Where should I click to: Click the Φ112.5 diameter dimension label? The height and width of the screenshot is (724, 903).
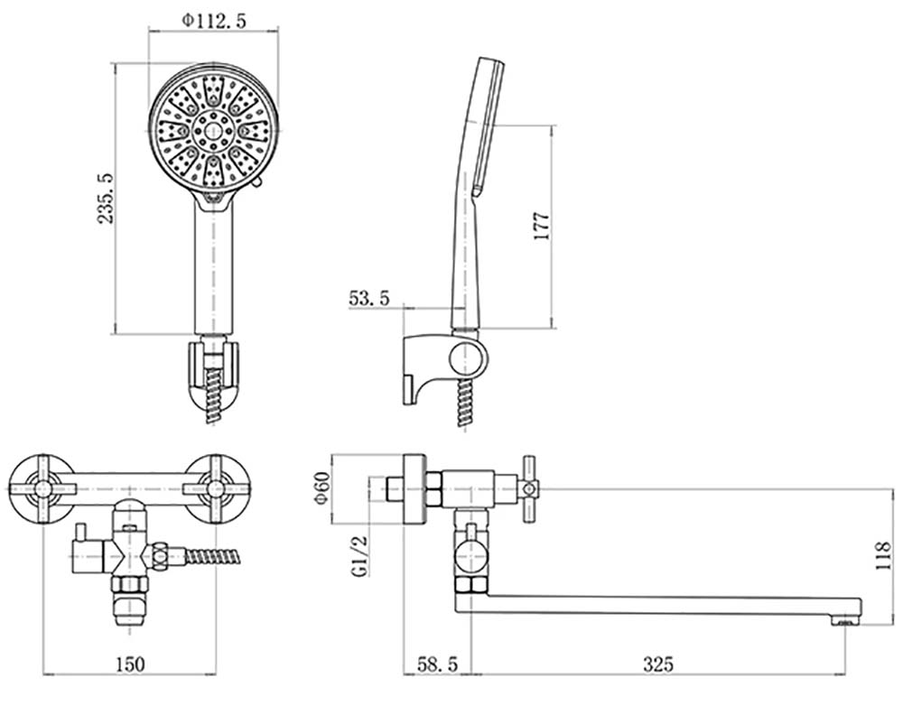point(214,21)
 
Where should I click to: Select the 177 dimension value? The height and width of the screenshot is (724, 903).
point(542,227)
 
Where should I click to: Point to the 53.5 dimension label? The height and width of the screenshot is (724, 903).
point(369,298)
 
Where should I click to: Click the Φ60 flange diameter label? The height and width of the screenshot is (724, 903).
point(322,488)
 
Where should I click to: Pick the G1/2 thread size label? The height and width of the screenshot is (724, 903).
point(360,555)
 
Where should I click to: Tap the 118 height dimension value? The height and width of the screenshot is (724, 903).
point(883,555)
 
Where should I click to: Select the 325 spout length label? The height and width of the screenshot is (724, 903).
point(657,664)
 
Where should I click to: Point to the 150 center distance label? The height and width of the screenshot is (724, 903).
point(130,664)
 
